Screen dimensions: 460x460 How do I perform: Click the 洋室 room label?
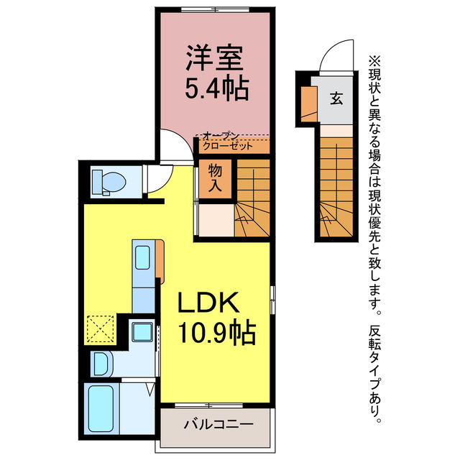click(213, 56)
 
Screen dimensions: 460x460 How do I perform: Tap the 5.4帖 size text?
click(213, 88)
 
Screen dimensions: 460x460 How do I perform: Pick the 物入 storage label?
click(215, 178)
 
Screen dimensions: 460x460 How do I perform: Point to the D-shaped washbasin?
click(100, 362)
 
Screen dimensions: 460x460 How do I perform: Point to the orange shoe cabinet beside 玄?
click(308, 103)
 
